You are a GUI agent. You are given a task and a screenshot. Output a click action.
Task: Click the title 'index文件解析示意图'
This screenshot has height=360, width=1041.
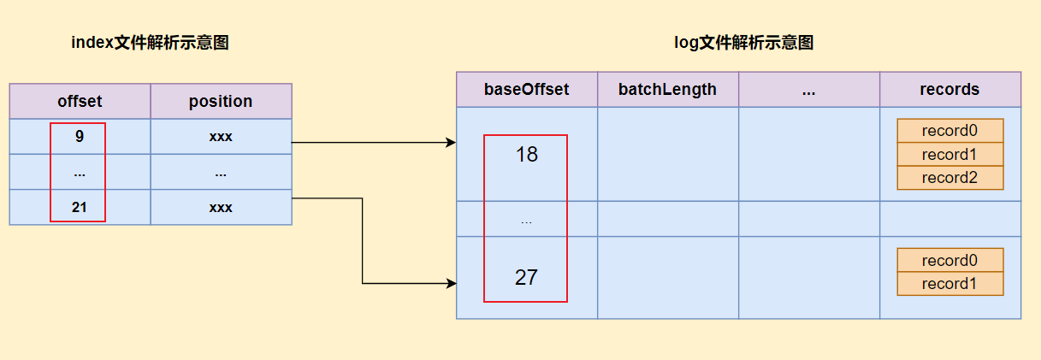[150, 43]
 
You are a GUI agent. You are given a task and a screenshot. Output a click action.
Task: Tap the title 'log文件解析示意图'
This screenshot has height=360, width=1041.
[743, 43]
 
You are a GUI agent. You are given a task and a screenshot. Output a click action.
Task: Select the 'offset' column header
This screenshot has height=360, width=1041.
[80, 101]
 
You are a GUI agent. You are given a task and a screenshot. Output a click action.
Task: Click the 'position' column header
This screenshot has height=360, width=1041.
[222, 101]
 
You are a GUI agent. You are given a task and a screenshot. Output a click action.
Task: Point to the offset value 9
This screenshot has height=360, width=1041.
[80, 136]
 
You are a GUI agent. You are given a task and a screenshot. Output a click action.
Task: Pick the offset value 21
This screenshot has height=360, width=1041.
[79, 207]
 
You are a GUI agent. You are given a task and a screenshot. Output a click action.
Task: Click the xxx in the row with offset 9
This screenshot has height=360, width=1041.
[221, 137]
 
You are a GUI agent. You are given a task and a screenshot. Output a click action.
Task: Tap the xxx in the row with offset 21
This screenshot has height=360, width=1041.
[221, 207]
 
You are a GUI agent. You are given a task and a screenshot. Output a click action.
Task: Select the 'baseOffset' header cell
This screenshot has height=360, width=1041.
[527, 89]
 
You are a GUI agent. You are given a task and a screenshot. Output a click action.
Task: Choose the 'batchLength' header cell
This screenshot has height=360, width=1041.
[668, 89]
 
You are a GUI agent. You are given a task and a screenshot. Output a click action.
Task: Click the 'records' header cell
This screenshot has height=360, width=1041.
[950, 89]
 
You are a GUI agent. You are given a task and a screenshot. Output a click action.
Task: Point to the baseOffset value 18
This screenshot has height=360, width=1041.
[527, 154]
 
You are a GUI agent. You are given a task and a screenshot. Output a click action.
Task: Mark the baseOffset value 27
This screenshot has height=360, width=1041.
[526, 277]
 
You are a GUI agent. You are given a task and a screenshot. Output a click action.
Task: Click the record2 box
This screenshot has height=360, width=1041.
[950, 178]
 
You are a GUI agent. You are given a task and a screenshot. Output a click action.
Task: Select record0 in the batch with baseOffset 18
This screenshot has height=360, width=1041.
[950, 131]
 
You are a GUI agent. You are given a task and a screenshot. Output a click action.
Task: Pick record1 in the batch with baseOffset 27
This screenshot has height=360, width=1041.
[950, 284]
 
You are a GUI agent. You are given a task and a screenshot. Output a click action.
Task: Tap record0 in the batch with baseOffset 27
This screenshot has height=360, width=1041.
[950, 260]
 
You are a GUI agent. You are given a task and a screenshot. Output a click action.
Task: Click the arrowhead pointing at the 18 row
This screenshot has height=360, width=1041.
[451, 142]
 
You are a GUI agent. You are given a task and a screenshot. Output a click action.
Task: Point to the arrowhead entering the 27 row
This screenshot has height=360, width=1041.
[451, 283]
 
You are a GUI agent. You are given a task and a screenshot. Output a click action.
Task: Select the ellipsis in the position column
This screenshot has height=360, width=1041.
[221, 175]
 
